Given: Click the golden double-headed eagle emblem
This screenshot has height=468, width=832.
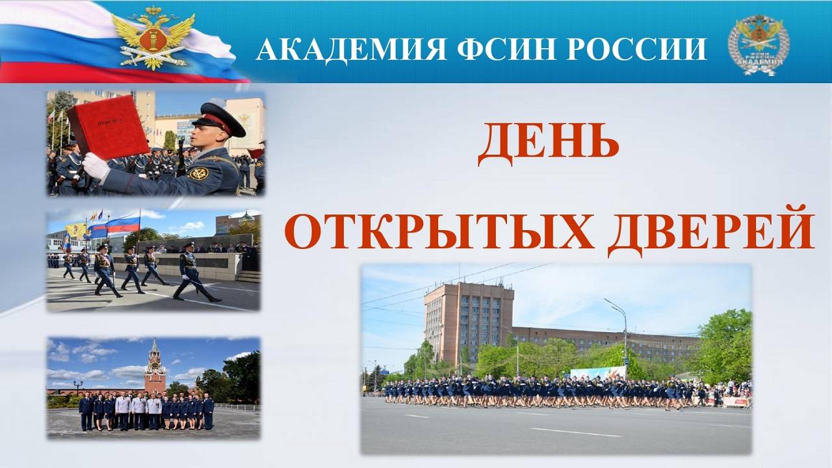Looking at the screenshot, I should [x=153, y=37].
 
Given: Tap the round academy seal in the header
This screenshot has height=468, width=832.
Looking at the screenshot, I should [x=759, y=44].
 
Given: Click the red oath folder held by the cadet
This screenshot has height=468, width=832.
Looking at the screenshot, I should [x=108, y=127].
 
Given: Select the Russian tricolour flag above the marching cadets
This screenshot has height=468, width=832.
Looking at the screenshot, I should [x=123, y=225].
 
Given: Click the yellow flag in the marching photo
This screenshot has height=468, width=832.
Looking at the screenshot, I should [x=77, y=229].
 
